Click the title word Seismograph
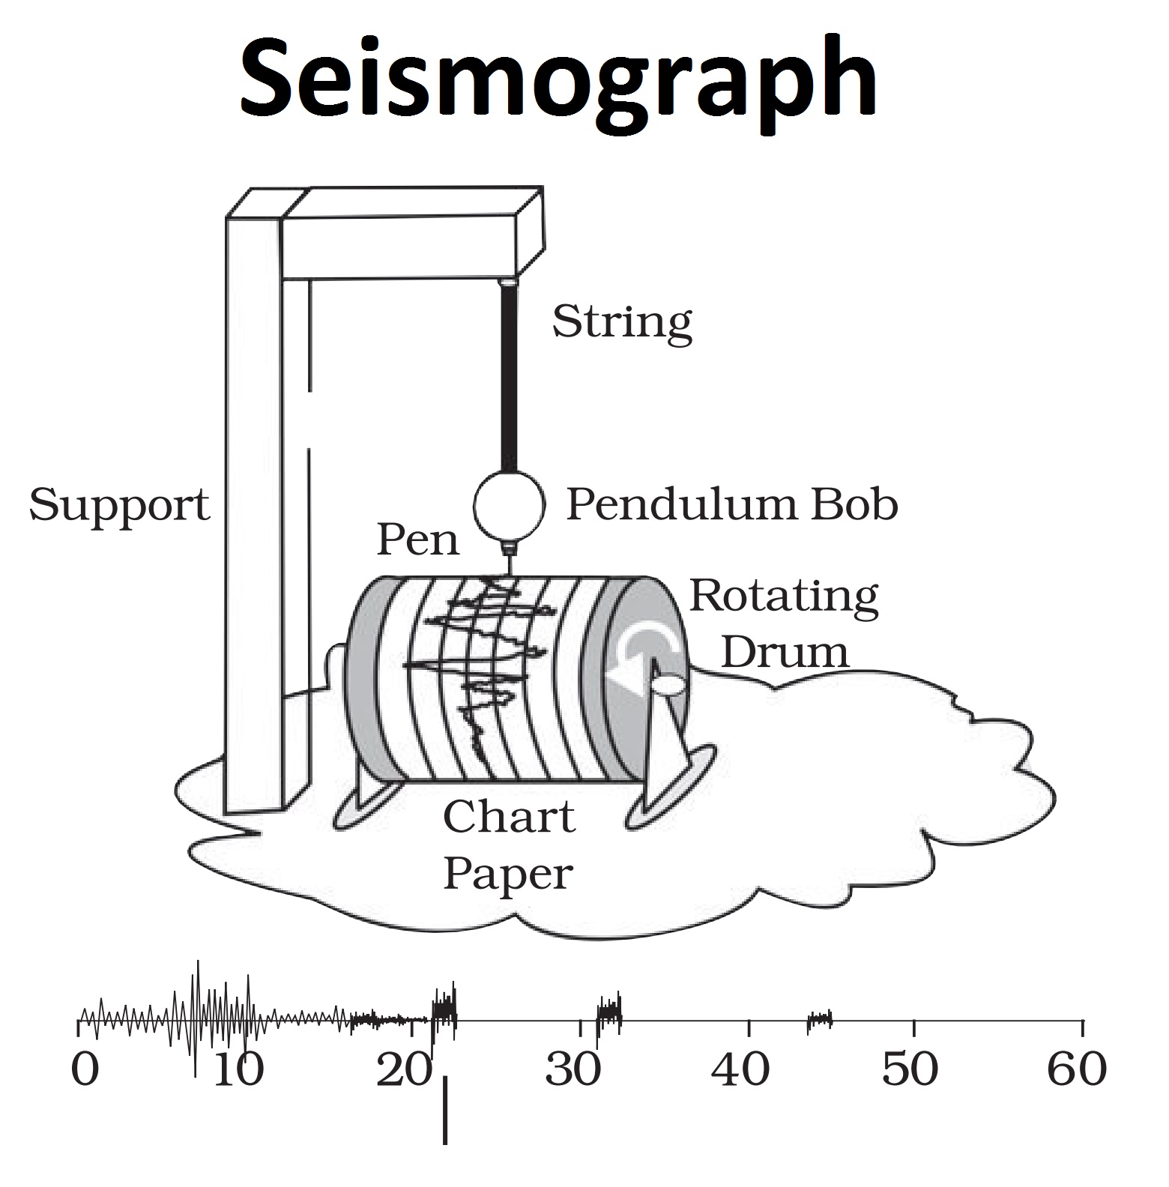click(558, 79)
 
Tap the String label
click(621, 322)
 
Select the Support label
click(119, 506)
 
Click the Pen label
click(417, 540)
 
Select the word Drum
click(785, 651)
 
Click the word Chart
click(509, 817)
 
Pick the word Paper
click(508, 874)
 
